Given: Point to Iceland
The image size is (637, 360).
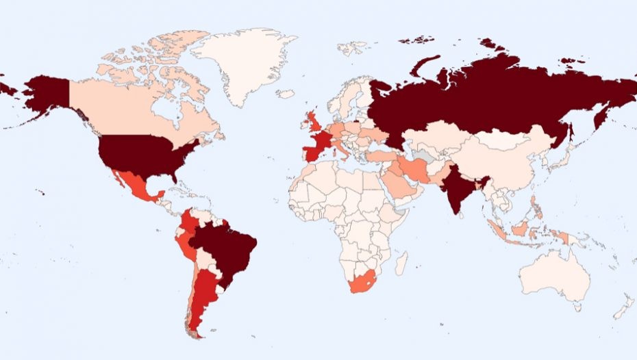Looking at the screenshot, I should pyautogui.click(x=287, y=94).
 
